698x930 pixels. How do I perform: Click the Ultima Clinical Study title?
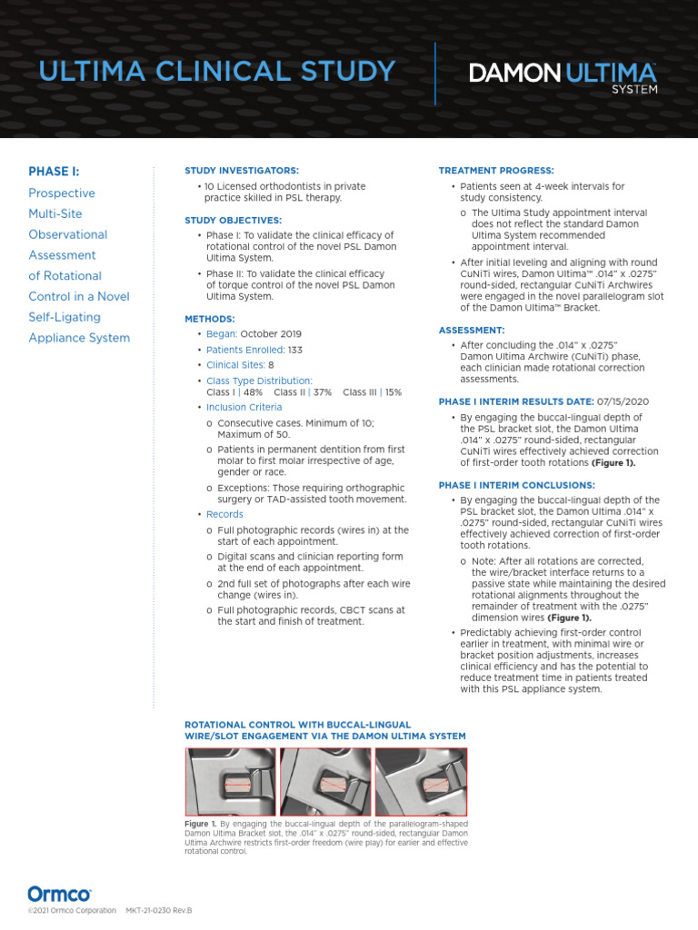click(212, 71)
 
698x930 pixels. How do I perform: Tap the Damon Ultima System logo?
click(563, 76)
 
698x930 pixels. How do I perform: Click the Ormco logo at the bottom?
click(59, 894)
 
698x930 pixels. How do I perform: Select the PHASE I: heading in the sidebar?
click(54, 171)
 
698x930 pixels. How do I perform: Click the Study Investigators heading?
click(241, 171)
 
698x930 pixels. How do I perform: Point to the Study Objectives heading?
click(234, 220)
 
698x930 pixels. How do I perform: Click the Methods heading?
click(210, 319)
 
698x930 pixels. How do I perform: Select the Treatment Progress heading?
click(496, 171)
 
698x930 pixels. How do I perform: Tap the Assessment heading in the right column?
click(472, 330)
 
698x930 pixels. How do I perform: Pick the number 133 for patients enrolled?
click(295, 349)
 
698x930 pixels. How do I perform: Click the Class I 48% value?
click(234, 392)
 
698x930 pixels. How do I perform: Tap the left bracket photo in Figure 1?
click(231, 781)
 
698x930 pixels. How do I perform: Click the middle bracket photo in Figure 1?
click(325, 781)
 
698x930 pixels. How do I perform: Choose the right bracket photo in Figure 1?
click(420, 781)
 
